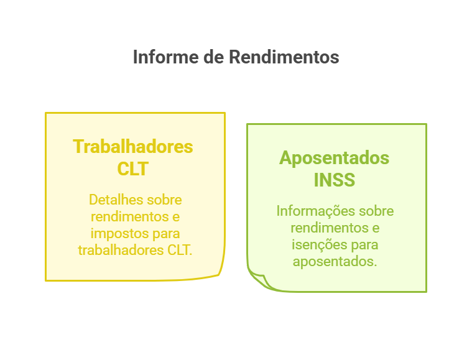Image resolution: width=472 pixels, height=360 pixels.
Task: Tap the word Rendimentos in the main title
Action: pos(284,57)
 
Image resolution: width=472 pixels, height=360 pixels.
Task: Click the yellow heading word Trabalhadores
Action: pos(133,147)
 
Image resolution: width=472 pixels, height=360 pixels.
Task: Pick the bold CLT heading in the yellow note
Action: pos(133,168)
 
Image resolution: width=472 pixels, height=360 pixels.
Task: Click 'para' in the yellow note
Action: pos(164,234)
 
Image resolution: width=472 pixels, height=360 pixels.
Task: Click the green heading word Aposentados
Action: pos(335,158)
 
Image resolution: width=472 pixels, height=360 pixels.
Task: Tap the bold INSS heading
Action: pos(335,180)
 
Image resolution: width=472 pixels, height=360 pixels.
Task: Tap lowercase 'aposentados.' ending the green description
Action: pos(335,262)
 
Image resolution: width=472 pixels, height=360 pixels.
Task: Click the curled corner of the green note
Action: pos(259,279)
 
